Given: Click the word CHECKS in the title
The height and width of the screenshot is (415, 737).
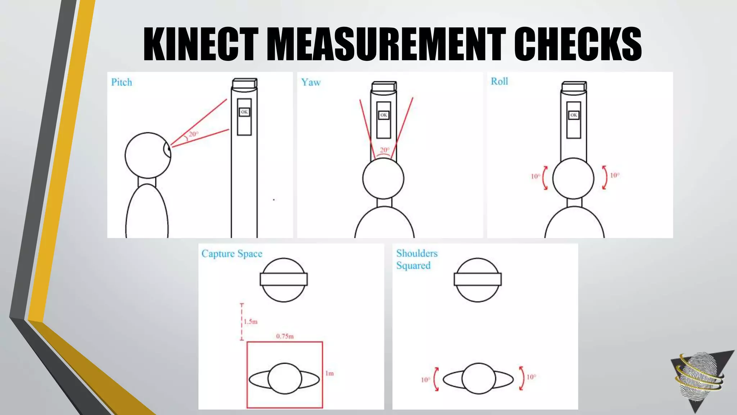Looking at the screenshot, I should tap(578, 44).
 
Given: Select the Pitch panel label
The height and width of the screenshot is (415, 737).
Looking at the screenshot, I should tap(122, 82).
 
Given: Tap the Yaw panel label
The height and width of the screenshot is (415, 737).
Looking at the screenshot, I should tap(311, 82).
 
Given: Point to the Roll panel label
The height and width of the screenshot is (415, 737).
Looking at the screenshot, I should tap(499, 81).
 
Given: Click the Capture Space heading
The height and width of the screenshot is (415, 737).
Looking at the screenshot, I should tap(232, 254).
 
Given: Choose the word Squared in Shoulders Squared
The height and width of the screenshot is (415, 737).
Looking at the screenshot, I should tap(413, 266).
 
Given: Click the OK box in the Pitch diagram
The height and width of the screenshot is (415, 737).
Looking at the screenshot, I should tap(244, 112).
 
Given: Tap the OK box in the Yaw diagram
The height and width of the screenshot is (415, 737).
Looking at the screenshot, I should tap(384, 115).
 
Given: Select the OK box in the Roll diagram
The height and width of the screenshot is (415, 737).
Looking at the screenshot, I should tap(574, 115).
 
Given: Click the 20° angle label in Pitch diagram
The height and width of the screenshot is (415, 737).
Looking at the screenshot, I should tap(194, 134).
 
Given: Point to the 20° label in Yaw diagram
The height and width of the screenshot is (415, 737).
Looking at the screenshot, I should tap(384, 150).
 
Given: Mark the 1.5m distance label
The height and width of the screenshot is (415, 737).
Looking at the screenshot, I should tap(250, 322).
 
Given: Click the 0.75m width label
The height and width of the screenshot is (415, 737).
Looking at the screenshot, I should tap(285, 336).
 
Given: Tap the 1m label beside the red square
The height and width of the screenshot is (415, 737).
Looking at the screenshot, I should tap(329, 374).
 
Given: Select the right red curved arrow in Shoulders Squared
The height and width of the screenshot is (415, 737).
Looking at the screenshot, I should tap(521, 378).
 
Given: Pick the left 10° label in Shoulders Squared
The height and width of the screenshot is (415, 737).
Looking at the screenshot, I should tap(425, 380).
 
